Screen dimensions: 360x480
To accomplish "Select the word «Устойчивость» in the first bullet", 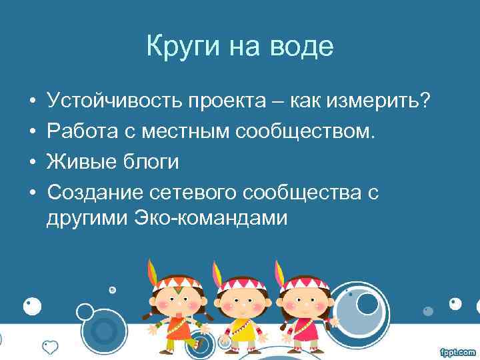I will (x=114, y=102).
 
